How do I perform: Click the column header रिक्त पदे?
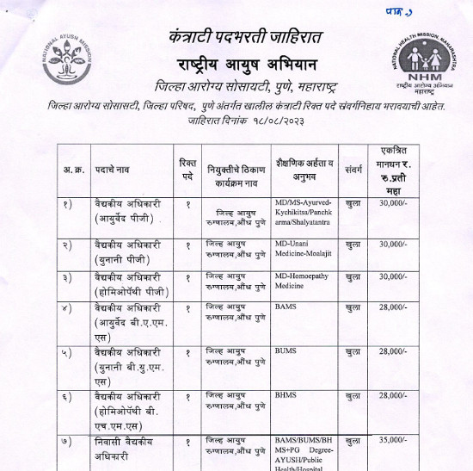pos(187,168)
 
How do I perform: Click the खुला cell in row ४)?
pos(353,307)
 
